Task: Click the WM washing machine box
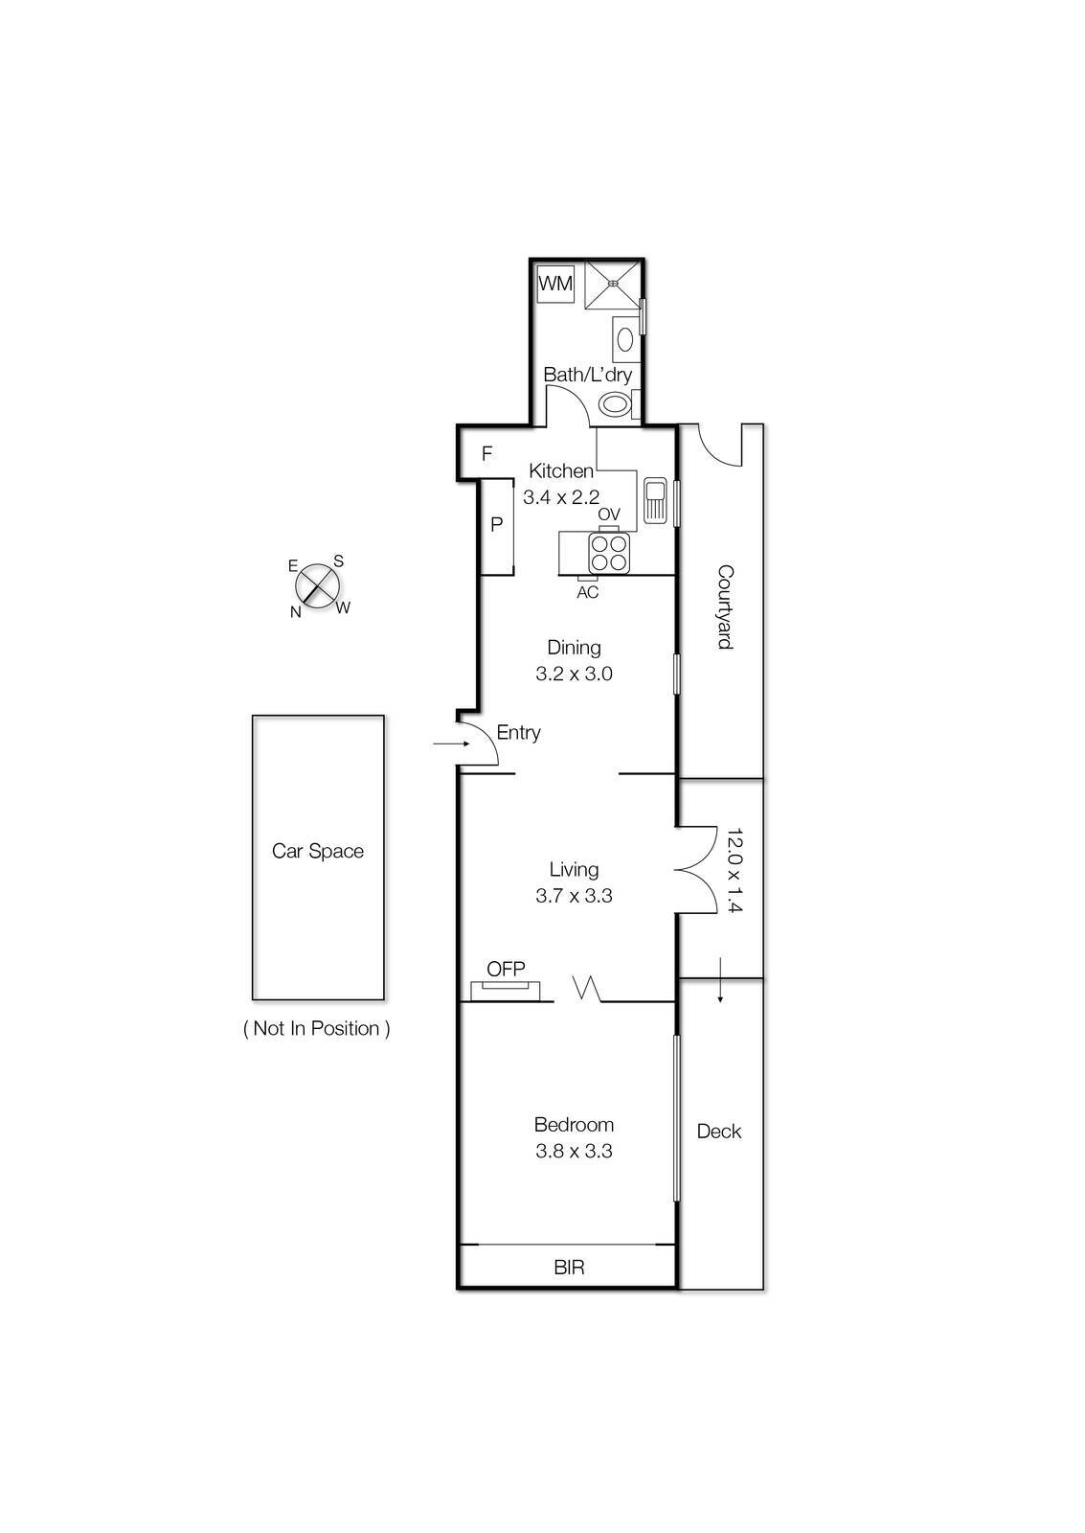[x=555, y=284]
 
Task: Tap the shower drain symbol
[x=614, y=283]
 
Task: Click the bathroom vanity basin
[x=625, y=340]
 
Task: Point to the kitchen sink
[x=656, y=499]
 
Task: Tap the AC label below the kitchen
[x=587, y=593]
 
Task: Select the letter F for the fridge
[x=486, y=454]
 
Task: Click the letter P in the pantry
[x=496, y=525]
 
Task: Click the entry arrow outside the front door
[x=445, y=743]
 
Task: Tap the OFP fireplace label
[x=506, y=969]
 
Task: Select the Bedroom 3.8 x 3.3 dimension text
[x=574, y=1151]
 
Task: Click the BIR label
[x=569, y=1268]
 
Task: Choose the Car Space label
[x=318, y=851]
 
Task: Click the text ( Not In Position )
[x=317, y=1029]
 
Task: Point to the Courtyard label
[x=725, y=607]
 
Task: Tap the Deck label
[x=719, y=1132]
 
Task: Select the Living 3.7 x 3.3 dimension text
[x=574, y=896]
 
